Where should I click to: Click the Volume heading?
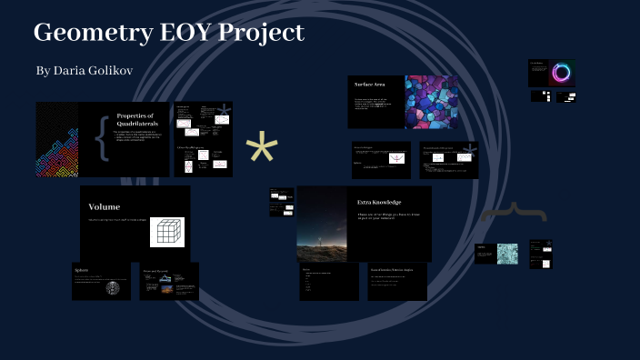pyautogui.click(x=104, y=206)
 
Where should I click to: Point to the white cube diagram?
pyautogui.click(x=166, y=231)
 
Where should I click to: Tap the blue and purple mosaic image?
pyautogui.click(x=431, y=100)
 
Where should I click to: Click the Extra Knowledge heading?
pyautogui.click(x=379, y=202)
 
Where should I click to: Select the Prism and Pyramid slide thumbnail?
pyautogui.click(x=169, y=281)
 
